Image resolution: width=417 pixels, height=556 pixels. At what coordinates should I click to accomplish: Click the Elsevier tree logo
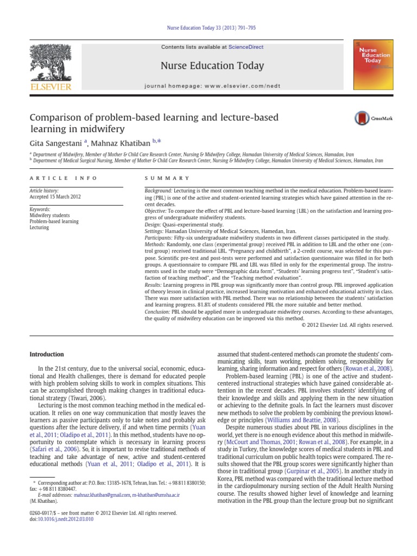(51, 63)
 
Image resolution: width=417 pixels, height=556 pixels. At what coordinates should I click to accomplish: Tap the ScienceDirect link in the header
(245, 47)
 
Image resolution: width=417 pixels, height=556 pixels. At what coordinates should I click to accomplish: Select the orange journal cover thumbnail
(374, 64)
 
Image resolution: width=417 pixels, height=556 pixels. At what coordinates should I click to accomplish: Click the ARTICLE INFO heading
(64, 178)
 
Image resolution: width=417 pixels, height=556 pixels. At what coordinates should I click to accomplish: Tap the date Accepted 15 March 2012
(55, 197)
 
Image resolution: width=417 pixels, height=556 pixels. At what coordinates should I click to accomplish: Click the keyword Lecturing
(40, 228)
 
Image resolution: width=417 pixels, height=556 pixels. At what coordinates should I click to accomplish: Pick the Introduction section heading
(47, 355)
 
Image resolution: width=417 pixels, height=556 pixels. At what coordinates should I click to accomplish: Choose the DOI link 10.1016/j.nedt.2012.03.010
(65, 519)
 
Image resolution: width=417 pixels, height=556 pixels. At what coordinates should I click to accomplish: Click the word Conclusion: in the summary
(157, 312)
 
